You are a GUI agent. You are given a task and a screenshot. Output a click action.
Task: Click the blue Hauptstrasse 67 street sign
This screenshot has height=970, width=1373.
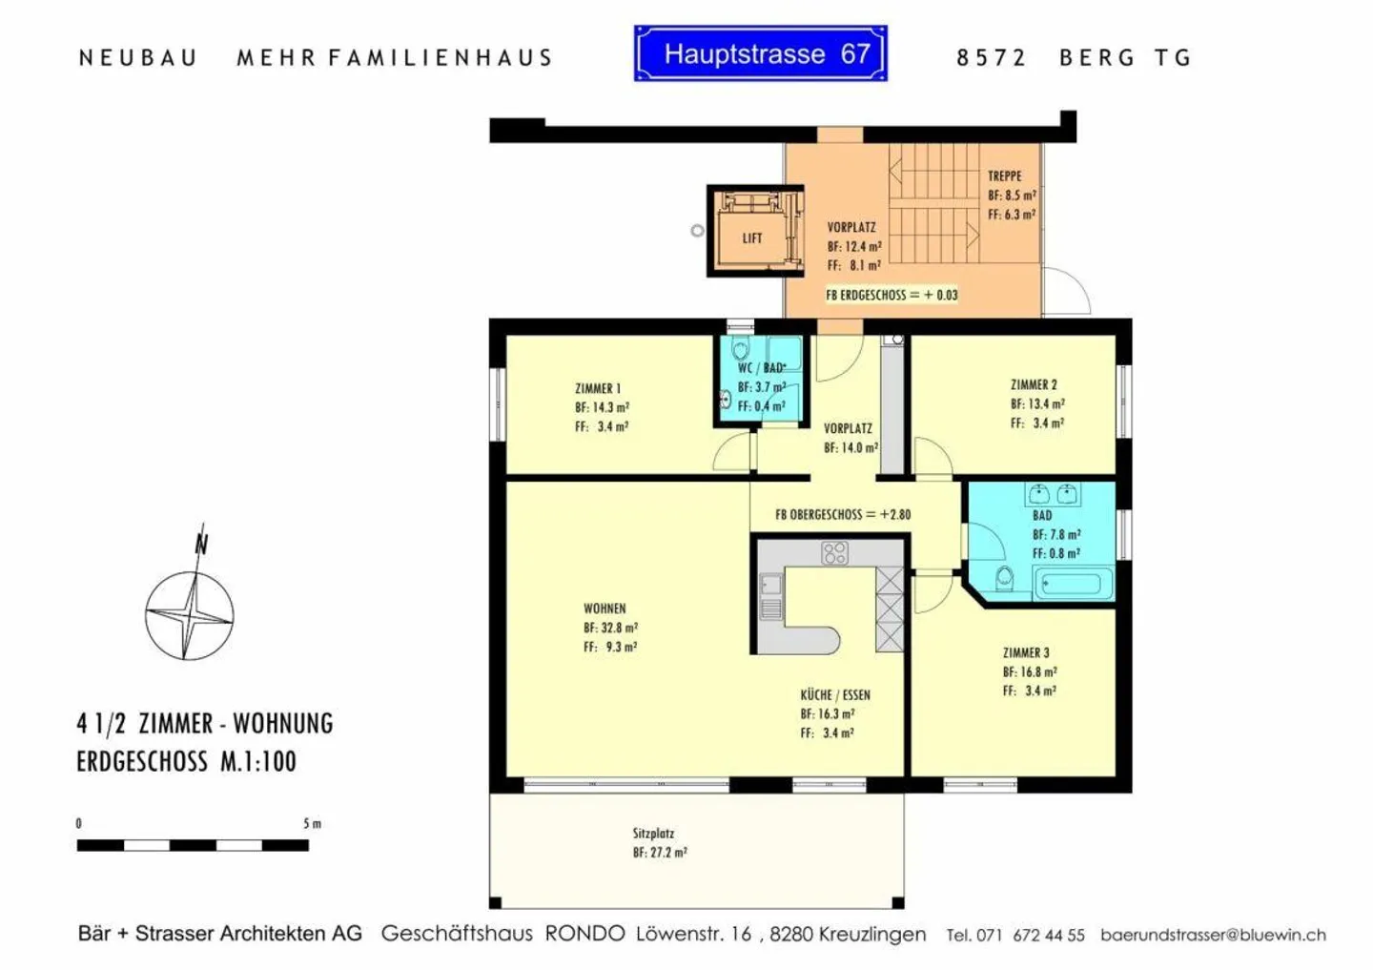pyautogui.click(x=760, y=53)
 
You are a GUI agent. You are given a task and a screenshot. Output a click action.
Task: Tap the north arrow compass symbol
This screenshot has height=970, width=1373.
pyautogui.click(x=190, y=610)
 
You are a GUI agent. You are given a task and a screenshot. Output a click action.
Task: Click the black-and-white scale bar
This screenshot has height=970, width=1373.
pyautogui.click(x=193, y=845)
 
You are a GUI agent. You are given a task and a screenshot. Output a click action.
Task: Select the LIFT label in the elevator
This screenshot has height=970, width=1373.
pyautogui.click(x=752, y=238)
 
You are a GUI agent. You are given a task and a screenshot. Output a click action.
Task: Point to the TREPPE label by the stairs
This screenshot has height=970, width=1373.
pyautogui.click(x=1004, y=176)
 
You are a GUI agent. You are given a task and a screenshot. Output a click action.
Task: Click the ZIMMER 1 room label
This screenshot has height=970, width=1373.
pyautogui.click(x=598, y=388)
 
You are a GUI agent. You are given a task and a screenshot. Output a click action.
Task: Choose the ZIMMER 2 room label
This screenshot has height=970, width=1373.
pyautogui.click(x=1034, y=384)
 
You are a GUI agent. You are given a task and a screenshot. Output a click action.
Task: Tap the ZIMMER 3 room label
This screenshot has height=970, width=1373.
pyautogui.click(x=1026, y=652)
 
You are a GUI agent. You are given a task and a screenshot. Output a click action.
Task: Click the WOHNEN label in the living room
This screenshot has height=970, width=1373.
pyautogui.click(x=605, y=608)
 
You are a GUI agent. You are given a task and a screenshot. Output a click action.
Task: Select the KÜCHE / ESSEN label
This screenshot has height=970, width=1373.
pyautogui.click(x=835, y=694)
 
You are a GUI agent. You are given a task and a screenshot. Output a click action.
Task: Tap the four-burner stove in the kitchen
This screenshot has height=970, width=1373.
pyautogui.click(x=834, y=552)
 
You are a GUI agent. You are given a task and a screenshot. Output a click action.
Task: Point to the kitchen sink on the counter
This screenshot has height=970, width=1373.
pyautogui.click(x=769, y=585)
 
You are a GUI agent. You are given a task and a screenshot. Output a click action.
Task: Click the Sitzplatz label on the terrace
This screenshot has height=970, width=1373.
pyautogui.click(x=653, y=833)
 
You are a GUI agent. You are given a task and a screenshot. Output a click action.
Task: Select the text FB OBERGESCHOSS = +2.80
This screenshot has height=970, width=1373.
pyautogui.click(x=843, y=514)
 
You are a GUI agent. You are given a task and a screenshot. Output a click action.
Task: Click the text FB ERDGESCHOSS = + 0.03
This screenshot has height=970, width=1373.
pyautogui.click(x=891, y=295)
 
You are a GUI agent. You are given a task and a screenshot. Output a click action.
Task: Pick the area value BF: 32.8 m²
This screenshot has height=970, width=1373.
pyautogui.click(x=610, y=628)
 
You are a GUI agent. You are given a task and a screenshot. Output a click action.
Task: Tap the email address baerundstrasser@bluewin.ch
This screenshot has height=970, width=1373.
pyautogui.click(x=1213, y=935)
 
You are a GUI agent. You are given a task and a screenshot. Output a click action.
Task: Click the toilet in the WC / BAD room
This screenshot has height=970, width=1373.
pyautogui.click(x=741, y=351)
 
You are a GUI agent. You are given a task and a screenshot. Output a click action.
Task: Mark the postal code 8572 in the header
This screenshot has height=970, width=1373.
pyautogui.click(x=991, y=58)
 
